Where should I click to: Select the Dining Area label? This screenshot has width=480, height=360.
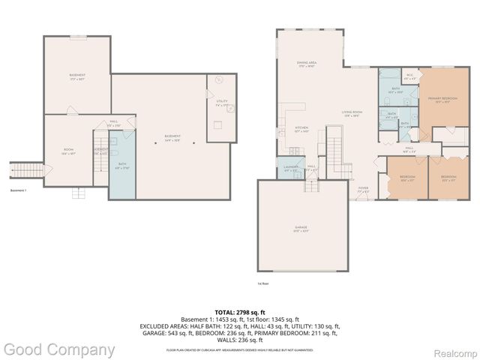coord(306,64)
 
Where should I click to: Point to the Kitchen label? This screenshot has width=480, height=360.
coord(301,129)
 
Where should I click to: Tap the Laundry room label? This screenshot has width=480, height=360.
coord(290,169)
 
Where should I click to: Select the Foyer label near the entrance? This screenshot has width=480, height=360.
coord(363,190)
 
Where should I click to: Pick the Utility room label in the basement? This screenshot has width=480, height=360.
coord(221,103)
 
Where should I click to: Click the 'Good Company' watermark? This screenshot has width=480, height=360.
coord(58,349)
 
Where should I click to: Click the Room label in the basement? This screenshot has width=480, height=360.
coord(68,151)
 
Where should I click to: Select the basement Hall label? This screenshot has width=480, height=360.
coord(114,122)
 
